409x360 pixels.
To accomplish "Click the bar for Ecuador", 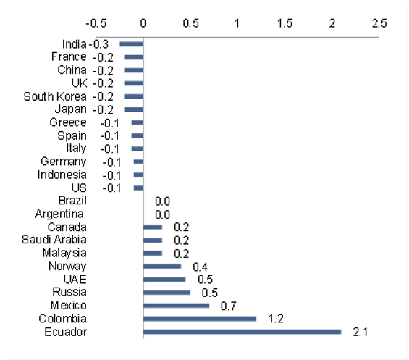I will tap(242, 332).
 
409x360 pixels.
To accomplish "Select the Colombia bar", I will tap(199, 319).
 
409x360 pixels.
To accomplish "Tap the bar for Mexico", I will tap(176, 306).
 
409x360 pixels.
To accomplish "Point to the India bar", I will tap(131, 44).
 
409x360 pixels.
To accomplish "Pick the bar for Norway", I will tap(162, 267).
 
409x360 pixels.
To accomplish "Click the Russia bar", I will tap(166, 293).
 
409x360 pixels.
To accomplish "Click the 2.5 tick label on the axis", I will tap(379, 22).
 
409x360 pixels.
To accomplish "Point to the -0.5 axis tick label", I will tap(96, 22).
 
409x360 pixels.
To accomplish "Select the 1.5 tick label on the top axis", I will tap(284, 22).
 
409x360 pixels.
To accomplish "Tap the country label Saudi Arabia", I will tap(54, 240).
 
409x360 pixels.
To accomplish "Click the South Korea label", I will tap(55, 96).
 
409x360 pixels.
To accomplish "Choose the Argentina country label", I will tap(59, 214).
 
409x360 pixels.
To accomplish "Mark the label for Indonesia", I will tap(62, 175).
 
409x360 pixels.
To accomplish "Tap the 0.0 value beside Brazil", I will tap(162, 201).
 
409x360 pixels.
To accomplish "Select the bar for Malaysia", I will tap(153, 254).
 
